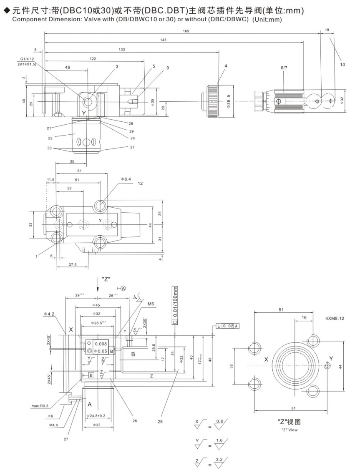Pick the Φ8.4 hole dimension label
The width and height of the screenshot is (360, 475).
[x=126, y=179]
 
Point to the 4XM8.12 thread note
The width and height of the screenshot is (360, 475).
[x=335, y=318]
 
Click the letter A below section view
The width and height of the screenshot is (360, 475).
[x=89, y=404]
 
